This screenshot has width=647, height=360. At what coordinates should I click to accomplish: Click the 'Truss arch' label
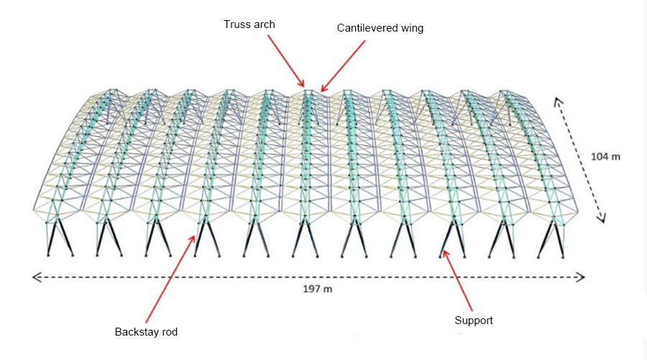[249, 24]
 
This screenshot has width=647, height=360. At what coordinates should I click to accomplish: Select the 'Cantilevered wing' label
[380, 28]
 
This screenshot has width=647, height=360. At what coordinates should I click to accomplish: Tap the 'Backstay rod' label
[146, 332]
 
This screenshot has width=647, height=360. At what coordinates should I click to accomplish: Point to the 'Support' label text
[474, 320]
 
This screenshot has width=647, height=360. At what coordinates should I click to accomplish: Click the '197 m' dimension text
[317, 289]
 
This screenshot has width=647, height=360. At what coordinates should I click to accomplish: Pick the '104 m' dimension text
[605, 157]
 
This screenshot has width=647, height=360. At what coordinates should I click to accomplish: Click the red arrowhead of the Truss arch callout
[302, 84]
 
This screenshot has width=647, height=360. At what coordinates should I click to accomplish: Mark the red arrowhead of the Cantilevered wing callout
[323, 89]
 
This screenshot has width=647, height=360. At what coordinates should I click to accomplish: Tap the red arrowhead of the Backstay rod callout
[193, 238]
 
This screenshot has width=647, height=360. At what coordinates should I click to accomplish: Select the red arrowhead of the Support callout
[444, 252]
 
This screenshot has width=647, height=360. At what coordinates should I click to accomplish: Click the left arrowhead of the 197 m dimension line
[35, 277]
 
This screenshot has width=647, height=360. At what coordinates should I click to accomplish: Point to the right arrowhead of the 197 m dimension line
[582, 277]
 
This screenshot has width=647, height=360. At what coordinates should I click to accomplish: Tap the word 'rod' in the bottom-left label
[169, 332]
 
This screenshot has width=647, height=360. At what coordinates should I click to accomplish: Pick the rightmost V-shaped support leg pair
[551, 239]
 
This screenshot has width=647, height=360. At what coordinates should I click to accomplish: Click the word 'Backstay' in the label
[137, 332]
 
